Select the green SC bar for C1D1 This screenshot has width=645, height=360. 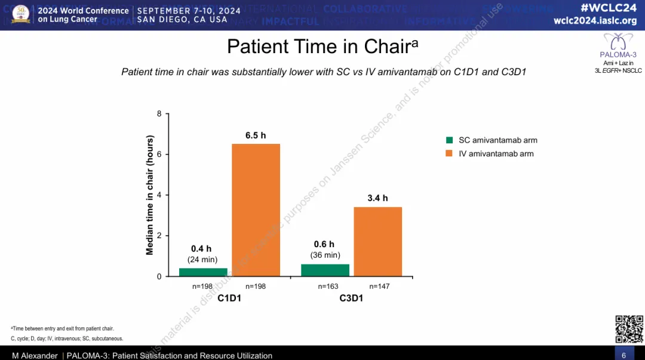pyautogui.click(x=203, y=272)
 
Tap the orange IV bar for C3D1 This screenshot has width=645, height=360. pyautogui.click(x=377, y=242)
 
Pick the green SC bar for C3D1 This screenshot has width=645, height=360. pyautogui.click(x=325, y=270)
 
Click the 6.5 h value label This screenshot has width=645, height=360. pyautogui.click(x=256, y=136)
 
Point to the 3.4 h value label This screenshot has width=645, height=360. pyautogui.click(x=377, y=198)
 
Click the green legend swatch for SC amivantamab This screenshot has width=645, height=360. pyautogui.click(x=450, y=140)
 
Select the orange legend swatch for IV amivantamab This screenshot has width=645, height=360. pyautogui.click(x=450, y=154)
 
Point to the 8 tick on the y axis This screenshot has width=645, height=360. pyautogui.click(x=159, y=113)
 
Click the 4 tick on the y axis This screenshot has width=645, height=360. pyautogui.click(x=159, y=195)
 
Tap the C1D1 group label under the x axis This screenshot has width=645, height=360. pyautogui.click(x=229, y=297)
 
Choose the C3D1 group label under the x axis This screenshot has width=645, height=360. pyautogui.click(x=351, y=297)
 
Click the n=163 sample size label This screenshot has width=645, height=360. pyautogui.click(x=328, y=287)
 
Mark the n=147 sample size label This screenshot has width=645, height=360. pyautogui.click(x=379, y=287)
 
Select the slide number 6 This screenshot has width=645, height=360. pyautogui.click(x=623, y=355)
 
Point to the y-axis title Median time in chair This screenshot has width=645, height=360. pyautogui.click(x=150, y=196)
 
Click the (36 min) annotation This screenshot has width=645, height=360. pyautogui.click(x=325, y=255)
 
